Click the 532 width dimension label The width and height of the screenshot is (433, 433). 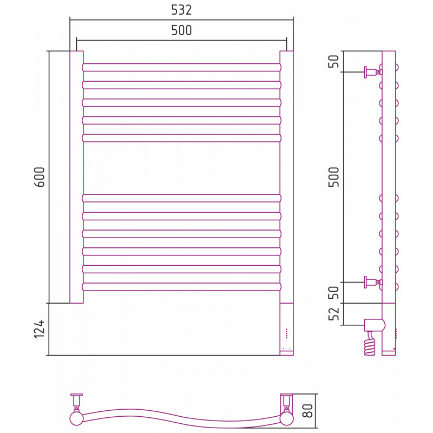[181, 10]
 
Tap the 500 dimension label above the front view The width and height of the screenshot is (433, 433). [181, 30]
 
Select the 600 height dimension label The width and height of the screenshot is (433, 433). [39, 177]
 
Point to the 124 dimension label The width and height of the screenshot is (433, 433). [39, 329]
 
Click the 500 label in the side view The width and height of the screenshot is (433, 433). [333, 177]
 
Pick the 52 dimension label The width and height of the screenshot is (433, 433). [333, 314]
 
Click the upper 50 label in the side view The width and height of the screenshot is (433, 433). [333, 61]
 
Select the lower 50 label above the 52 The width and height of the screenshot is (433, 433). [333, 292]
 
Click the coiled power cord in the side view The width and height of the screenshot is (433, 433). [370, 344]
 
